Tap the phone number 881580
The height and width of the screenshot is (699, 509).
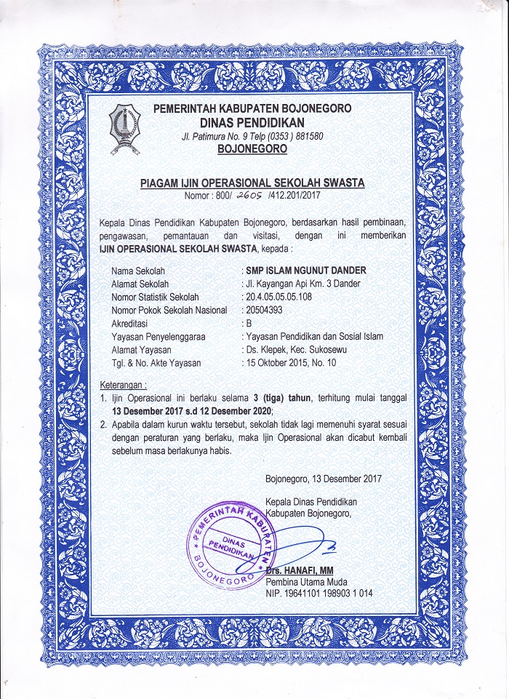point(303,137)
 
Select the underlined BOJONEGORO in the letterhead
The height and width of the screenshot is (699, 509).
point(252,149)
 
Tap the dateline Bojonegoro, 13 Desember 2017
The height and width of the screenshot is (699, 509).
point(324,479)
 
